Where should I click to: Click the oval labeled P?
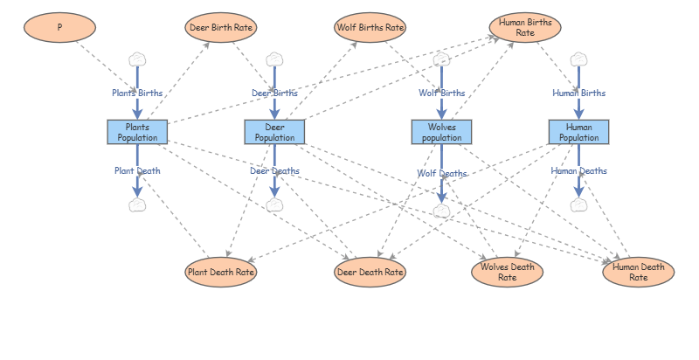coord(59,27)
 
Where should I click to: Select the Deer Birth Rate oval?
coord(221,27)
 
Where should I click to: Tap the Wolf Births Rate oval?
coord(370,27)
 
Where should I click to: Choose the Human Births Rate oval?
coord(525,27)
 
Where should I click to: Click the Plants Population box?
coord(137,132)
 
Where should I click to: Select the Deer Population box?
coord(274,132)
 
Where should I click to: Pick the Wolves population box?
coord(442,132)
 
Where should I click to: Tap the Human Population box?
coord(578,132)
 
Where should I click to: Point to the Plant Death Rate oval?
coord(221,272)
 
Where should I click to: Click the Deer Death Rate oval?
coord(370,272)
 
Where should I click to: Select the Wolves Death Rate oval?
coord(508,272)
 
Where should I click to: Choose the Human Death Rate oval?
coord(639,272)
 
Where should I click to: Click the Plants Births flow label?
coord(137,93)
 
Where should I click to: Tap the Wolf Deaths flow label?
coord(442,173)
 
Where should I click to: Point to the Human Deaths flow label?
coord(578,170)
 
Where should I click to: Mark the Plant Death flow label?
coord(137,170)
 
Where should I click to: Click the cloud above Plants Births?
coord(137,59)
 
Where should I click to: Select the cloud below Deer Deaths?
coord(274,205)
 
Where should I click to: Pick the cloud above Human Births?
coord(578,59)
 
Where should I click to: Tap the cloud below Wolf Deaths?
coord(442,211)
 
